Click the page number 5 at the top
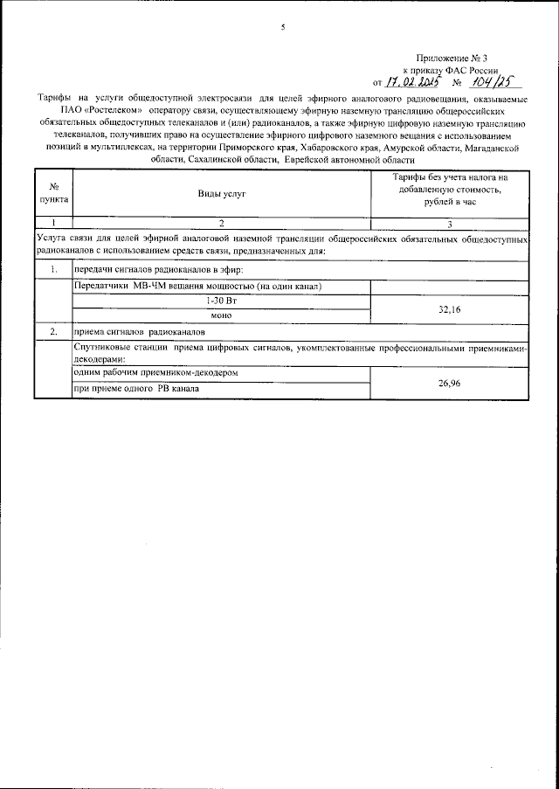tap(282, 28)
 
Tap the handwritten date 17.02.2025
tap(412, 82)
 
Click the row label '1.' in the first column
tap(53, 270)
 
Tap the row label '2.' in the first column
tap(53, 332)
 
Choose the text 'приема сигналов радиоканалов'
tap(140, 332)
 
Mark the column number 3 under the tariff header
tap(449, 223)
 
